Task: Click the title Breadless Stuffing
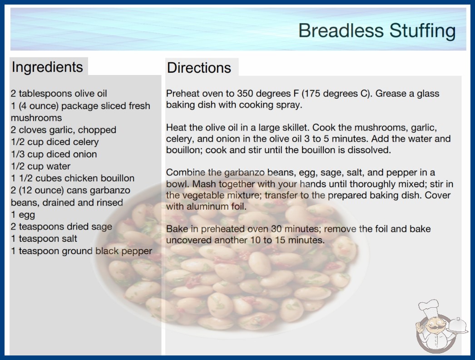point(377,31)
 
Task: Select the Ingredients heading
point(47,67)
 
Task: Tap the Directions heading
point(199,68)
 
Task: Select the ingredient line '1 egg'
point(23,215)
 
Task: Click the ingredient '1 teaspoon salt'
point(44,239)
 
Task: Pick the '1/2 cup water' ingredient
point(40,166)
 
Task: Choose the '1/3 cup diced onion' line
point(54,154)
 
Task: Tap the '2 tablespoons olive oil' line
point(59,94)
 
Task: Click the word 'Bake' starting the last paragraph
point(177,229)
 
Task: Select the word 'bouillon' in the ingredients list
point(118,178)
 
